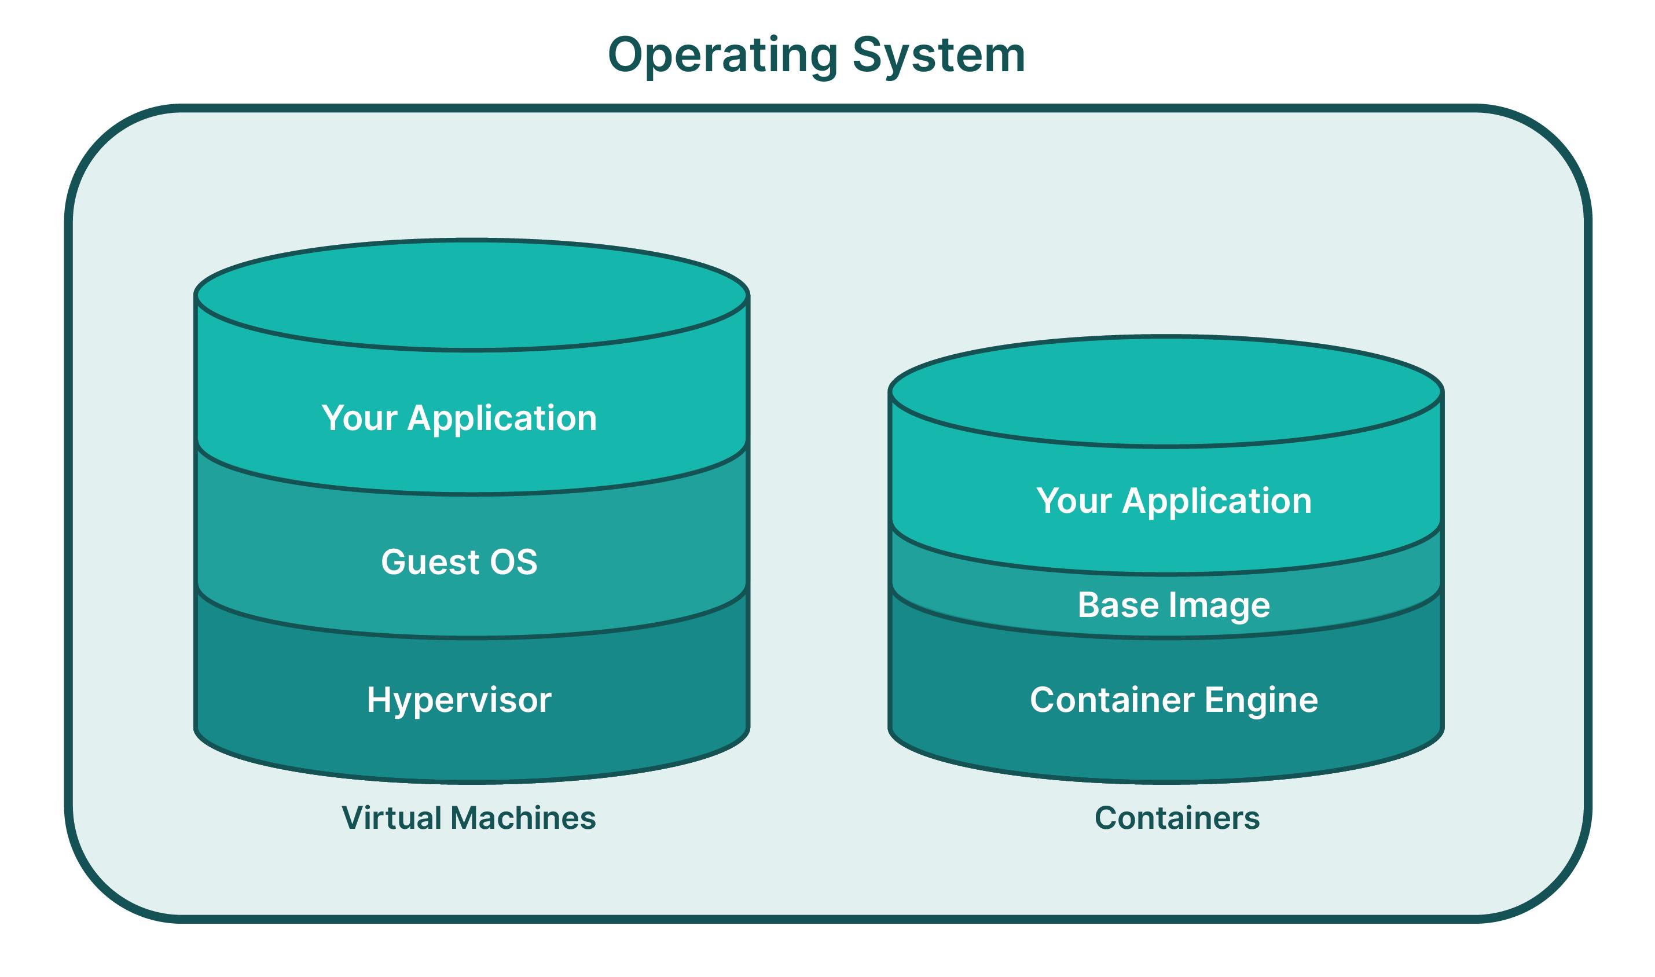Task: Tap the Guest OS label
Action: [x=459, y=561]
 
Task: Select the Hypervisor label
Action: [x=459, y=700]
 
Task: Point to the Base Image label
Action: [x=1173, y=605]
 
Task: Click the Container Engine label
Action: [x=1173, y=700]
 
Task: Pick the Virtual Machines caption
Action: [x=468, y=818]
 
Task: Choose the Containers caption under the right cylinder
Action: [x=1176, y=818]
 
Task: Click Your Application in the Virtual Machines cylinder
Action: [x=459, y=418]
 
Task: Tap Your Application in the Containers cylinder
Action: [x=1173, y=501]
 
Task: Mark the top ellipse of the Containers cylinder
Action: [x=1165, y=392]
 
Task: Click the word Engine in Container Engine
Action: [x=1257, y=700]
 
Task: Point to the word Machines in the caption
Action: [x=524, y=818]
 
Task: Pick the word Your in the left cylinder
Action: [x=359, y=418]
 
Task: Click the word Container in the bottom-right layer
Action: [x=1111, y=700]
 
